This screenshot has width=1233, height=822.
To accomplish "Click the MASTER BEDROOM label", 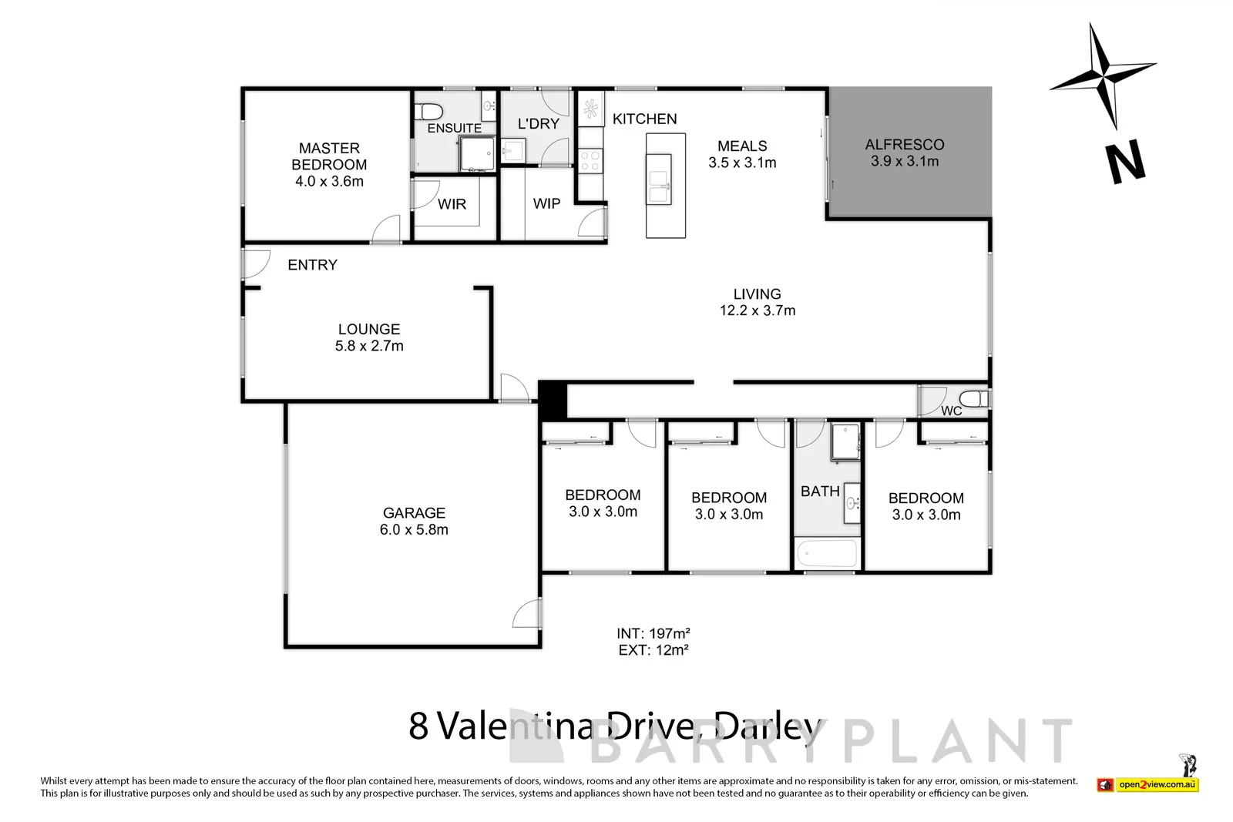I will click(329, 156).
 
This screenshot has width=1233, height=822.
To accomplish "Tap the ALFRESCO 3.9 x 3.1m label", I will click(905, 153).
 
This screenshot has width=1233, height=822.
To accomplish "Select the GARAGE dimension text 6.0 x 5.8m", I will click(414, 530).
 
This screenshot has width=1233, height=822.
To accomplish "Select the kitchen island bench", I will click(666, 186).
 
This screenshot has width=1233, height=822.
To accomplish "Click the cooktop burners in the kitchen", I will click(591, 161).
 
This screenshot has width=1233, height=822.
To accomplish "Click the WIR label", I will click(452, 204).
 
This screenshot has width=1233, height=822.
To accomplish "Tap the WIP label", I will click(546, 204).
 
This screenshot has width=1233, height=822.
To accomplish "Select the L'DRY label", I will click(538, 123).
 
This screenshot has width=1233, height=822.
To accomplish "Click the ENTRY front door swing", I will click(255, 263).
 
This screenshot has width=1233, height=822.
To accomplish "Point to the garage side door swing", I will click(527, 613).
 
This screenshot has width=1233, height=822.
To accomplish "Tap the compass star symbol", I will click(1103, 76).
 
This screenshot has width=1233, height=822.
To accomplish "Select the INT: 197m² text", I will click(653, 633).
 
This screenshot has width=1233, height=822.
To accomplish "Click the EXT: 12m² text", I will click(653, 650).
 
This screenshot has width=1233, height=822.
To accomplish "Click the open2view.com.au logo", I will click(1157, 784).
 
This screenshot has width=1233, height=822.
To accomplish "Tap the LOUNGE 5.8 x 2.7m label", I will click(369, 337).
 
